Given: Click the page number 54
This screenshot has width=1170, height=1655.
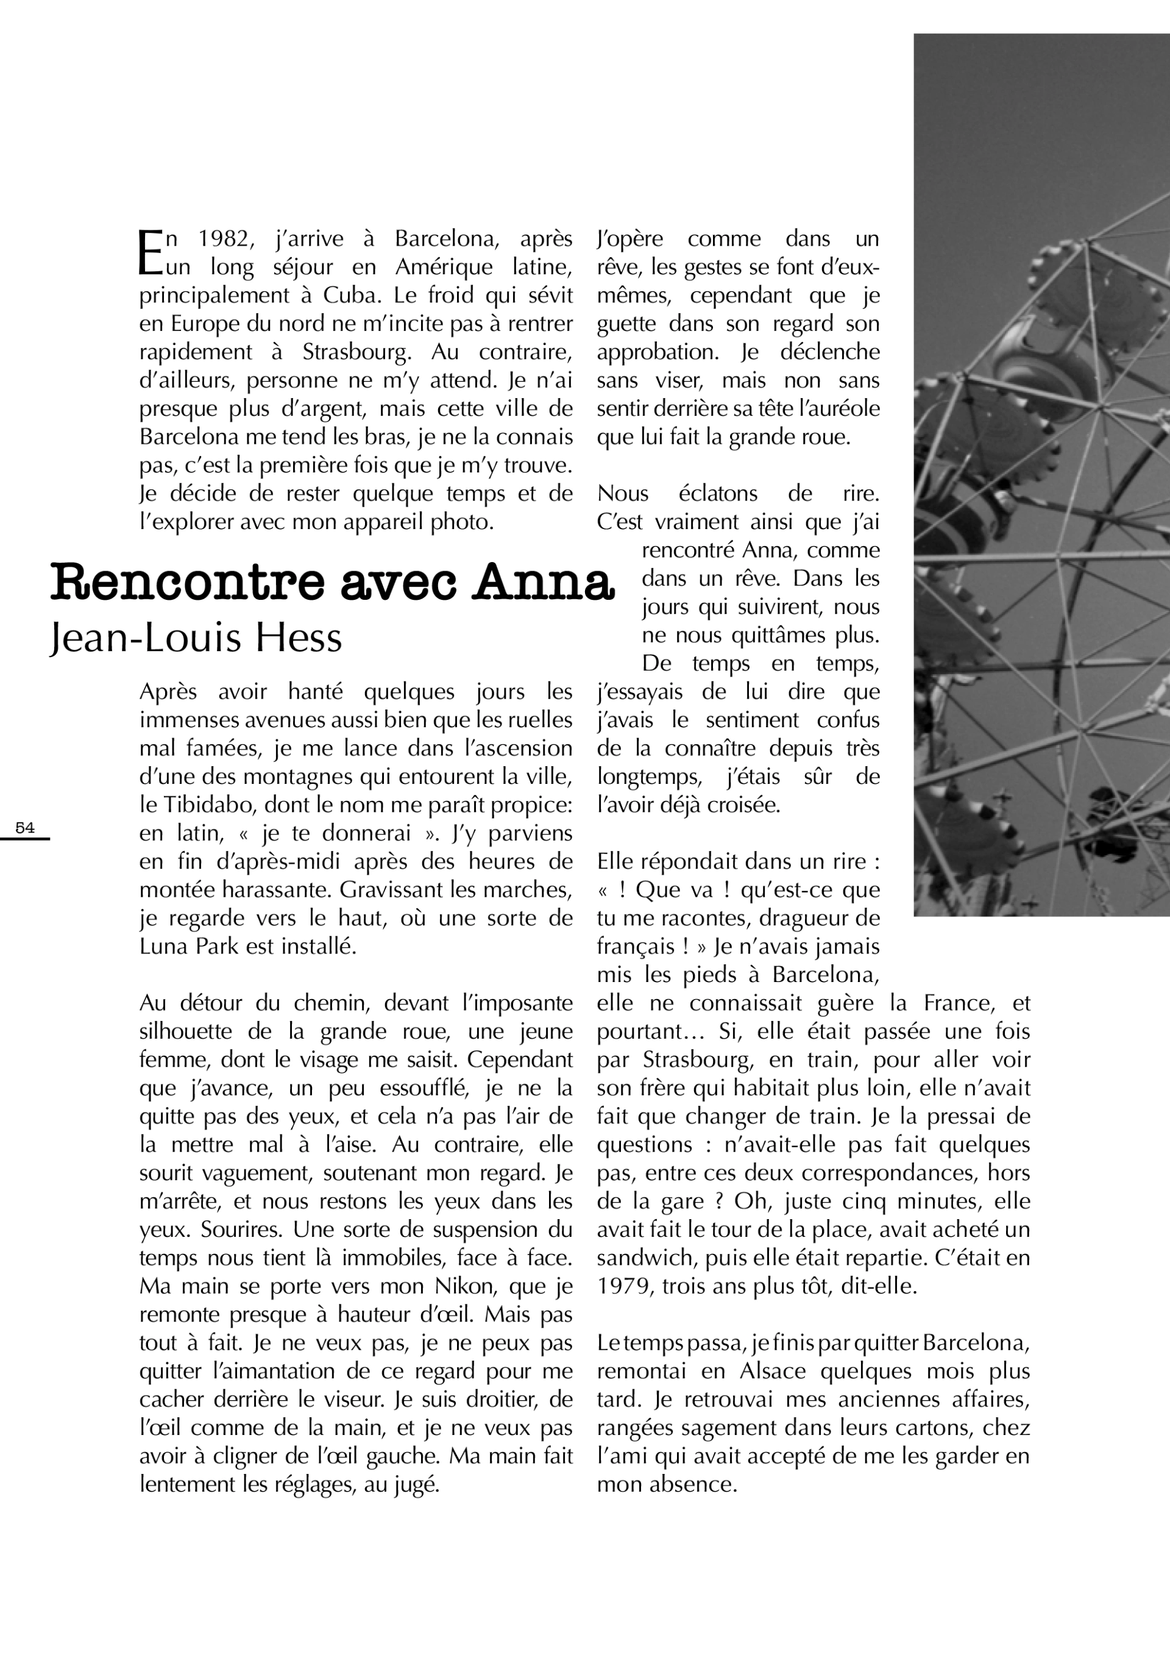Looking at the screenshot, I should [x=24, y=828].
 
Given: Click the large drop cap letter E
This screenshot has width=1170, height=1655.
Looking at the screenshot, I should [x=150, y=252].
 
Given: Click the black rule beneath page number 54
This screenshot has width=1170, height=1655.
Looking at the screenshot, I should [x=24, y=838].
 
